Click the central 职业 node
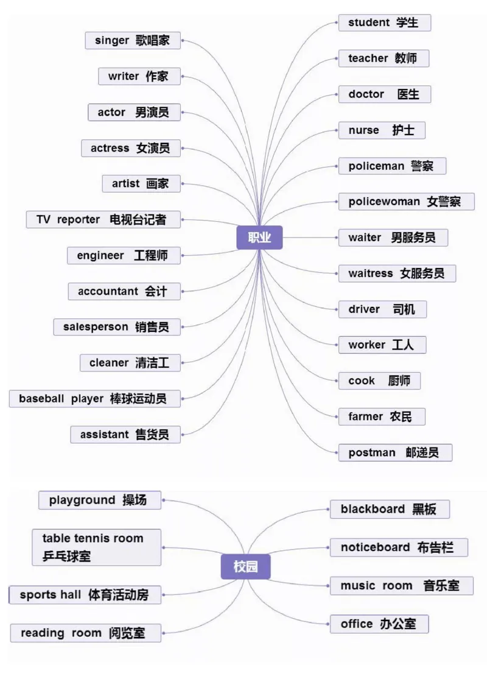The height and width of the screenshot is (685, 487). [x=259, y=237]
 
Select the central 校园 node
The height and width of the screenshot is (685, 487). [x=245, y=567]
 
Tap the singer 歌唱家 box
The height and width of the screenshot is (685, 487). [x=133, y=41]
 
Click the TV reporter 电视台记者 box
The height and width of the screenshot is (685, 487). [x=103, y=220]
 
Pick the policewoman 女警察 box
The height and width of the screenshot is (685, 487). [x=406, y=202]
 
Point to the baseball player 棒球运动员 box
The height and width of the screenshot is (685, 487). [x=95, y=399]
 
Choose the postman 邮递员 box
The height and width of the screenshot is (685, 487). [x=395, y=452]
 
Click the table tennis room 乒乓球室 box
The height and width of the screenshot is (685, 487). [x=97, y=547]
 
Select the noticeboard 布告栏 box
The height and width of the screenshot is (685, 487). [x=399, y=547]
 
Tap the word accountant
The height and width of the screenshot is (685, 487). [x=108, y=292]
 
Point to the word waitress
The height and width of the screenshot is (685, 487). [x=370, y=273]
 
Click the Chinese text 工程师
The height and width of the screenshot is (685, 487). [x=150, y=256]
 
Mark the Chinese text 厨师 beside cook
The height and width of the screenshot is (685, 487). [x=399, y=381]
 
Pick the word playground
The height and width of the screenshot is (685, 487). [x=82, y=500]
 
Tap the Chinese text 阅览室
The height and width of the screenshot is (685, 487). [x=127, y=633]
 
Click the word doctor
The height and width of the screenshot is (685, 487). [x=366, y=94]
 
